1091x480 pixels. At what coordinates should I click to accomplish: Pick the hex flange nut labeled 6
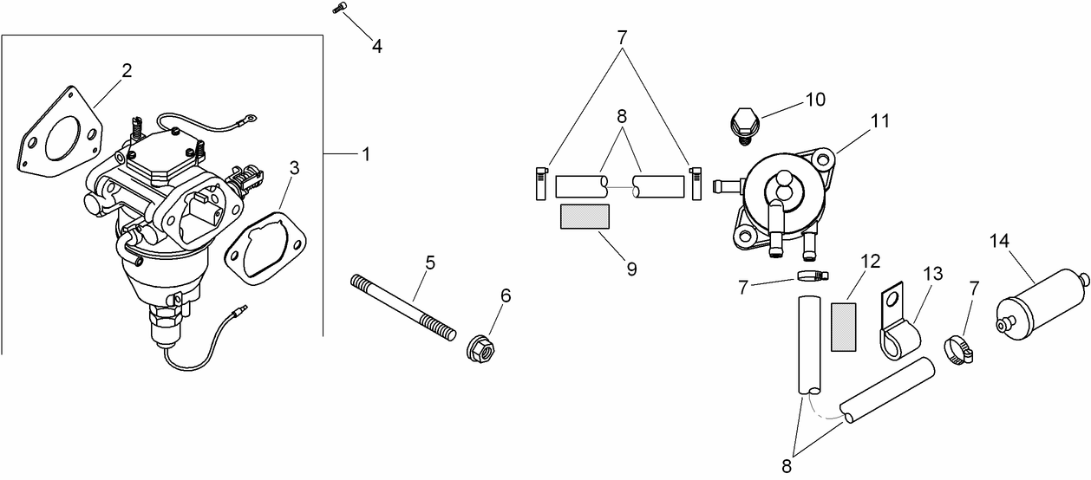480,348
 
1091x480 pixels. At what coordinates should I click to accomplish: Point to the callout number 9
631,269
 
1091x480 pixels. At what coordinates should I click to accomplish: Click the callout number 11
881,121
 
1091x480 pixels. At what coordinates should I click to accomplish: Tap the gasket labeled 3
265,250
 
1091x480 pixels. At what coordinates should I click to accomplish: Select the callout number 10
815,99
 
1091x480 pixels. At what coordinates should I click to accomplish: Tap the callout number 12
870,260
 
